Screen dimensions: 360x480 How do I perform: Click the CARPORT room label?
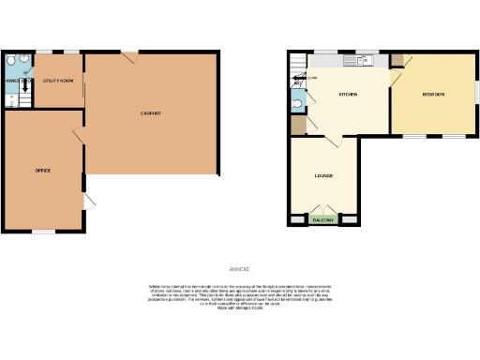(x=152, y=113)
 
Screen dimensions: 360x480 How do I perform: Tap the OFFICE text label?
(x=43, y=171)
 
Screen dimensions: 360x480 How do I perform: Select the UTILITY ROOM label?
(x=58, y=81)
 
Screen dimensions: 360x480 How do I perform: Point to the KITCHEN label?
(x=348, y=96)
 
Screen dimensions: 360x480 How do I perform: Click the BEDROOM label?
(x=433, y=96)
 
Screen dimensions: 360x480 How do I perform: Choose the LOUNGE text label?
(x=323, y=175)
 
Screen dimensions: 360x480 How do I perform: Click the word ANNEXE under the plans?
(x=240, y=269)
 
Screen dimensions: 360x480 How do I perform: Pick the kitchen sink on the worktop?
(x=361, y=60)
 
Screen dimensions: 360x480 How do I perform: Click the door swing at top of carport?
(x=132, y=58)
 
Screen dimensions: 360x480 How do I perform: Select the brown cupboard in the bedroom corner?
(x=397, y=59)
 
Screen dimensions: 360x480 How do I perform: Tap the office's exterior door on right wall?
(x=88, y=202)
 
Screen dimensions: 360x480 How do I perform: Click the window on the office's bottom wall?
(x=43, y=231)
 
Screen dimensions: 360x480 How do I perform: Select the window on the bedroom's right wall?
(x=475, y=95)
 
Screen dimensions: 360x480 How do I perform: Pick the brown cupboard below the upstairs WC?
(x=297, y=125)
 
